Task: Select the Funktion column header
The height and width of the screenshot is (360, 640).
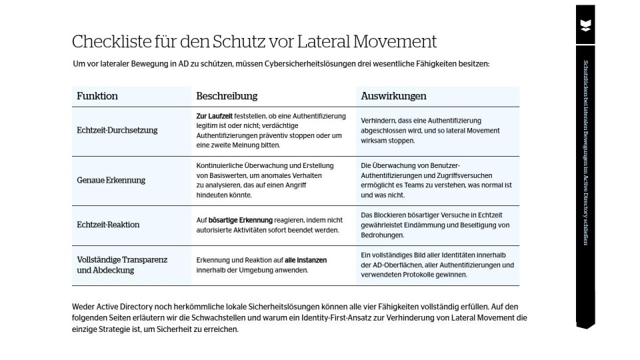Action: (x=97, y=96)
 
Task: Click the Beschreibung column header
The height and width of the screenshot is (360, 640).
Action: (x=227, y=96)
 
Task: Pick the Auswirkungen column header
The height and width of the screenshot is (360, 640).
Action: (x=393, y=96)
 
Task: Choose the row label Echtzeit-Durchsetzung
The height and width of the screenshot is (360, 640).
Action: (x=117, y=130)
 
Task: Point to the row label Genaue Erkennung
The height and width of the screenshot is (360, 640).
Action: (x=111, y=180)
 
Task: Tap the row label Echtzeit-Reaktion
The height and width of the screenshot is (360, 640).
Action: (x=108, y=225)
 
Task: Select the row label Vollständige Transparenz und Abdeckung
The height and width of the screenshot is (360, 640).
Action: (x=122, y=265)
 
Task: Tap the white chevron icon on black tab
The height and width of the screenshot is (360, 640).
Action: (x=585, y=25)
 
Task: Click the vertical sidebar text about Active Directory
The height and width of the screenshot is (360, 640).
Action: (x=585, y=152)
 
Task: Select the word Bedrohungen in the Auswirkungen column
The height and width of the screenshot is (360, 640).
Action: (x=383, y=235)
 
